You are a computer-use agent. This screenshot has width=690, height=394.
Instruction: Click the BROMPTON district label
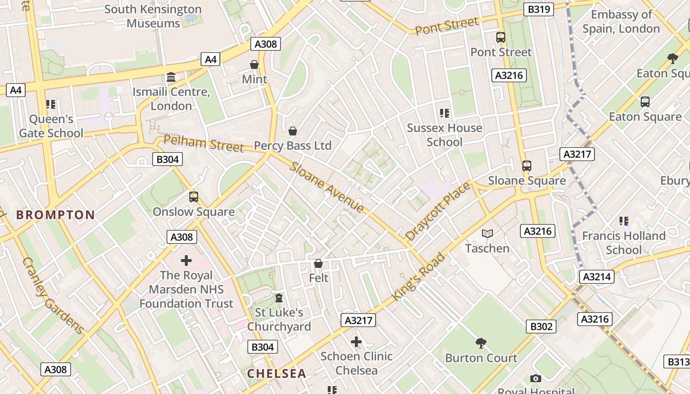(55, 215)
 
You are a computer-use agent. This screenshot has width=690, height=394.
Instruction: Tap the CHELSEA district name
(276, 373)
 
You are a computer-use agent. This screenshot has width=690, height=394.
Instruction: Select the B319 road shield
(540, 9)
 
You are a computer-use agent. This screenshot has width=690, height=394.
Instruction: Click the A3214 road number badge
(597, 277)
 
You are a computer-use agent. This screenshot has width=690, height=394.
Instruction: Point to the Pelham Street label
(204, 143)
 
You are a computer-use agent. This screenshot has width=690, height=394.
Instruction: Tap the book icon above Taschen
(487, 234)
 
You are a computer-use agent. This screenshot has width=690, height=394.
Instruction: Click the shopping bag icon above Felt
(318, 264)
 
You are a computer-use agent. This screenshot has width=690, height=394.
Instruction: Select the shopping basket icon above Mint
(254, 65)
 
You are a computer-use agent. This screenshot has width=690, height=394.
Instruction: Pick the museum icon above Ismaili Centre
(171, 77)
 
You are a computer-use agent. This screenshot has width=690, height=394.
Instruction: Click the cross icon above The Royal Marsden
(186, 261)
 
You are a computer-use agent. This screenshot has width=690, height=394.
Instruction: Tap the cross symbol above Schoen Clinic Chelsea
(356, 342)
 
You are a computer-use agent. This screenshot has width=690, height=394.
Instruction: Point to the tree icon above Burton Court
(481, 343)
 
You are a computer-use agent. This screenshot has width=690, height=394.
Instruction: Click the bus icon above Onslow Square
(193, 197)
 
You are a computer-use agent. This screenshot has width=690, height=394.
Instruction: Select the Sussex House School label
(445, 135)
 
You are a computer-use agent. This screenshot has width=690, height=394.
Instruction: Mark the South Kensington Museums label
(153, 16)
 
